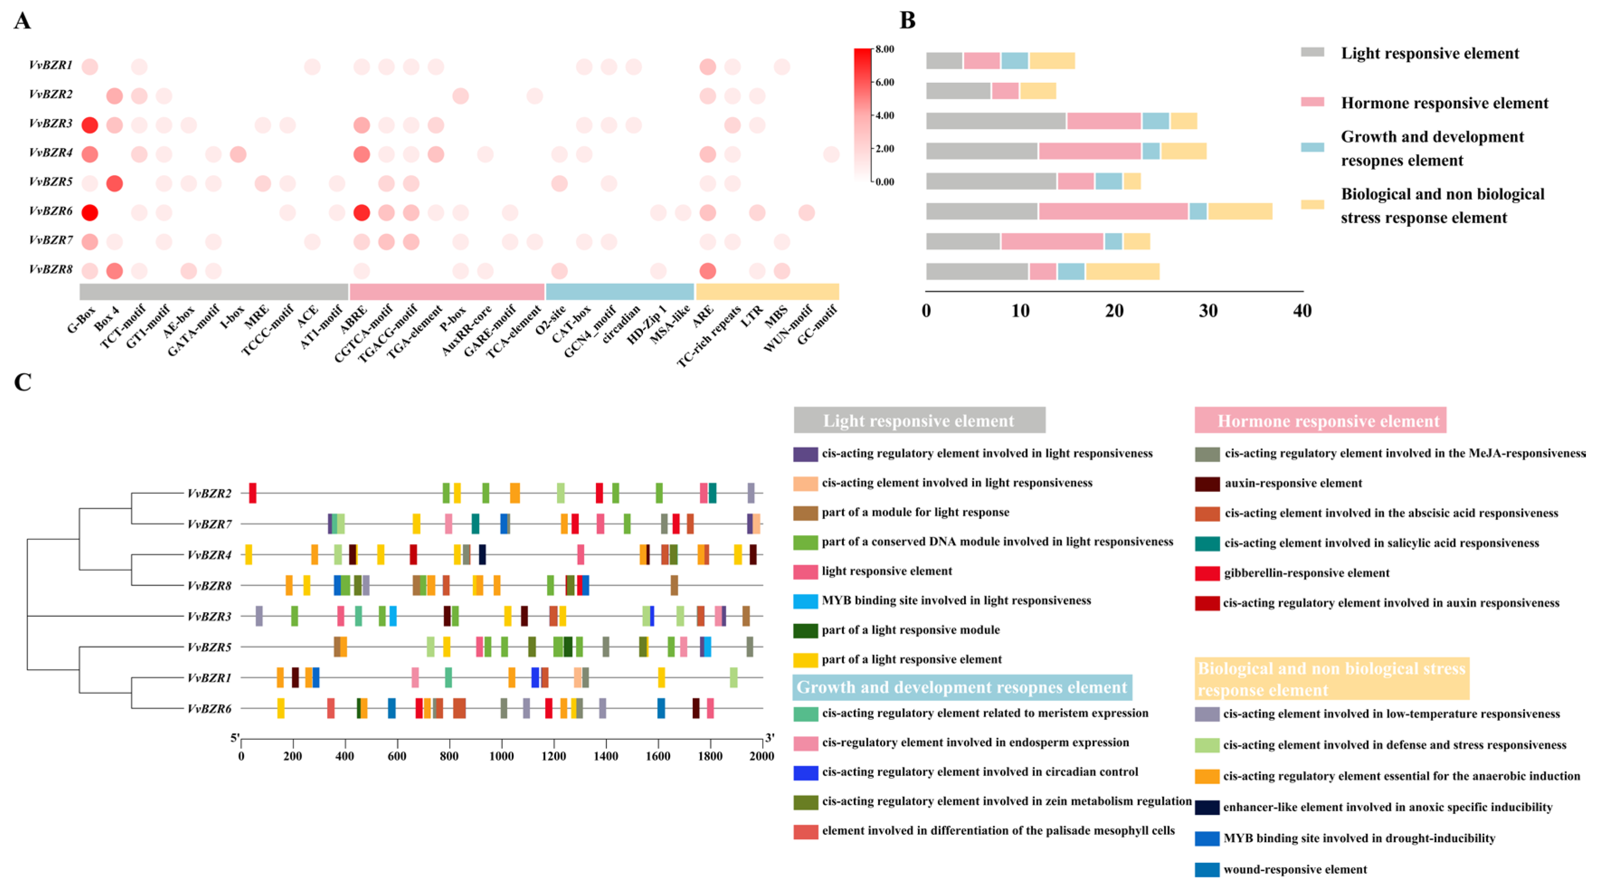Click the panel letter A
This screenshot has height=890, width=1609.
pos(23,21)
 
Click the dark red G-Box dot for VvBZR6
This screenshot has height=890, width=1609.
pos(90,212)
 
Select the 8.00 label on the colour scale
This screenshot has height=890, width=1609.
pos(885,49)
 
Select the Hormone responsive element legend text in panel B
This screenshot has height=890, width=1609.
pos(1444,103)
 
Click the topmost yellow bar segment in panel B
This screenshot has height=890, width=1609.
pos(1052,61)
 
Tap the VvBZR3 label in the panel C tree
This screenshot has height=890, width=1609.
pos(209,616)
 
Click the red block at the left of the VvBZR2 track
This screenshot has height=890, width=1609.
pos(252,493)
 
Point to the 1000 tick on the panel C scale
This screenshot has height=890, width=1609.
pos(501,756)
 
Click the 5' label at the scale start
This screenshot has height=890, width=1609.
pos(235,738)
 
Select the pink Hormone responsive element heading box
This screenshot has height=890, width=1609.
pos(1320,421)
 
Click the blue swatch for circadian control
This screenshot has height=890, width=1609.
pos(805,772)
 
